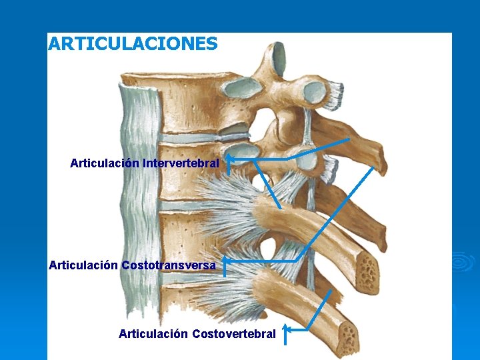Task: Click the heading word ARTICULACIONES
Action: (133, 44)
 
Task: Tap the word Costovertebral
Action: (233, 333)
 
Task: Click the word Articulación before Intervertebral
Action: (105, 163)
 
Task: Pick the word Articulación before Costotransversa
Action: (83, 265)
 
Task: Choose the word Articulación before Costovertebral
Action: (153, 333)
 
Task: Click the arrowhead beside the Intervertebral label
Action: (227, 160)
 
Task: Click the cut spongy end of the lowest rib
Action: (347, 336)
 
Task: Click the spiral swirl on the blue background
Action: (461, 262)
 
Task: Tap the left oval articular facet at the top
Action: (244, 86)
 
